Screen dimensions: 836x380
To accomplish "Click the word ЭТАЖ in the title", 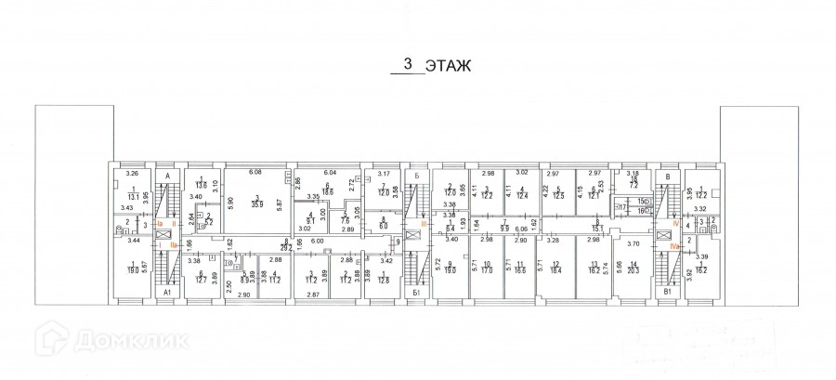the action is pos(449,66).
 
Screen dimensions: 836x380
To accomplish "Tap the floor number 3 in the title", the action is pos(406,65).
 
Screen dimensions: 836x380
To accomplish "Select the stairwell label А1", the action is pos(168,293).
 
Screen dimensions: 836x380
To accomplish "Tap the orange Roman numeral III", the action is pos(424,223).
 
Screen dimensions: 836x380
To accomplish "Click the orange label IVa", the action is pos(678,248).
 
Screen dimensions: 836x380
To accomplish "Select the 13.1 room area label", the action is pos(134,197).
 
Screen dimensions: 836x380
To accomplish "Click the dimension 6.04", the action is pos(328,174).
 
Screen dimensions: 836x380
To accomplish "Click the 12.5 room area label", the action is pos(559,196).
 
